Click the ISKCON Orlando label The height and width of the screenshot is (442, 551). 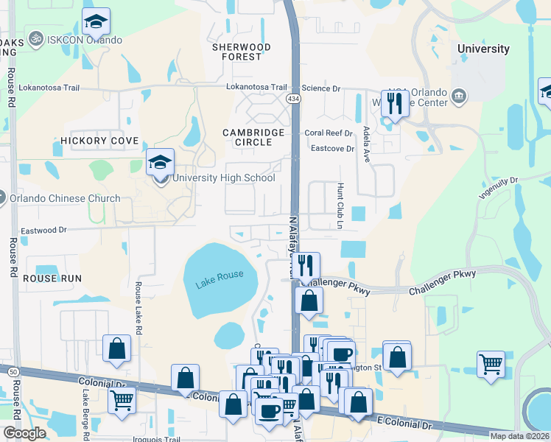(x=85, y=39)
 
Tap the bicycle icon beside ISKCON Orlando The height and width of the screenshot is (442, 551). (x=35, y=37)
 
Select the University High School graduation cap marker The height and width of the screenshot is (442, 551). (x=160, y=164)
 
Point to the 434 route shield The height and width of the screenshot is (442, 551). (x=294, y=99)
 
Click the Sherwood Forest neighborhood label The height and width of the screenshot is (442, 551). (x=242, y=52)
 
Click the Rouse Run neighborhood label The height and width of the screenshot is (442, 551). (x=52, y=278)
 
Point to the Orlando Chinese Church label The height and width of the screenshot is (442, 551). (x=65, y=198)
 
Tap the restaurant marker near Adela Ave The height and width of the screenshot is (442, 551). (x=394, y=103)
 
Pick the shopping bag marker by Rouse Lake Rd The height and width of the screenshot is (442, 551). (x=117, y=349)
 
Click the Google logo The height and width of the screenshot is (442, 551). (x=24, y=433)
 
